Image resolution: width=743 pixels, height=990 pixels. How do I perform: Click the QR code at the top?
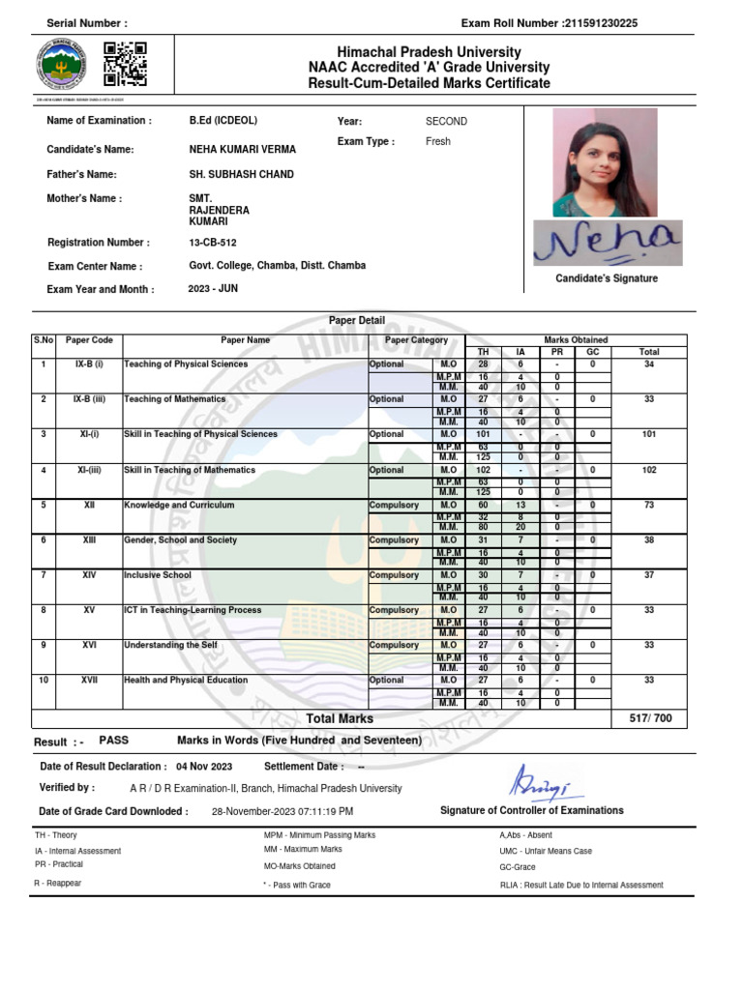(125, 64)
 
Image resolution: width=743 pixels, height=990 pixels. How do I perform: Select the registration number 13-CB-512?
(213, 243)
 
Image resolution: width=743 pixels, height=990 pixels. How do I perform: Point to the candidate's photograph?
(605, 161)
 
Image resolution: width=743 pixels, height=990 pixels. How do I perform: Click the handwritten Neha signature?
(607, 243)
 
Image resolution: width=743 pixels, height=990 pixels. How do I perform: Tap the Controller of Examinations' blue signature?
(531, 778)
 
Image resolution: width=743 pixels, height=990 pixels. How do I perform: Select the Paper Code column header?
(89, 340)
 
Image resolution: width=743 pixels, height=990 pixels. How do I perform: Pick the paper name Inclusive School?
(158, 575)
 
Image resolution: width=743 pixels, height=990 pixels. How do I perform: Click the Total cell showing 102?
(648, 470)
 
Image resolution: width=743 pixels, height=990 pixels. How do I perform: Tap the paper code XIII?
(89, 539)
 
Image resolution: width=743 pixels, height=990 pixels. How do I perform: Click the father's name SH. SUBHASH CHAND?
(241, 174)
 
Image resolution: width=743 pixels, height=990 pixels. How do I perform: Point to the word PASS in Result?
(113, 740)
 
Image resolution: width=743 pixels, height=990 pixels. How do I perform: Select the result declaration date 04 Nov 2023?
(204, 766)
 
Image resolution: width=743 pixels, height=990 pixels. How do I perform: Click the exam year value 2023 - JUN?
(213, 288)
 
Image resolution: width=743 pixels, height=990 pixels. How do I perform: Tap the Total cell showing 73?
(648, 505)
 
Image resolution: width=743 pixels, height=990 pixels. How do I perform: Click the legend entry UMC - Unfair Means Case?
(546, 851)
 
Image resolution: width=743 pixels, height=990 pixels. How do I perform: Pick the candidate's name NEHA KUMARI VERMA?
(242, 150)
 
